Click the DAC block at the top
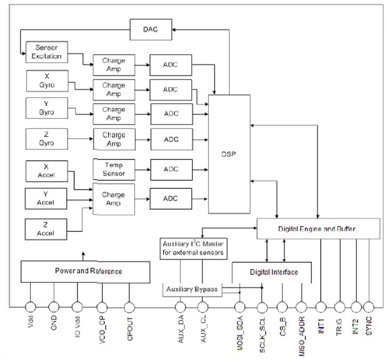point(151,30)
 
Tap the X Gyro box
point(47,81)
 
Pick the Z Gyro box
point(47,139)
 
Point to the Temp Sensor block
point(114,169)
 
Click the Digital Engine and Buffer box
point(318,228)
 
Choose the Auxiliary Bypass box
point(192,289)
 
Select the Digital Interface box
point(273,272)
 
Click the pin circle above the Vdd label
point(30,307)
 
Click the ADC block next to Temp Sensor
point(171,169)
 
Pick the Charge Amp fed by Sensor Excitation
point(114,65)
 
